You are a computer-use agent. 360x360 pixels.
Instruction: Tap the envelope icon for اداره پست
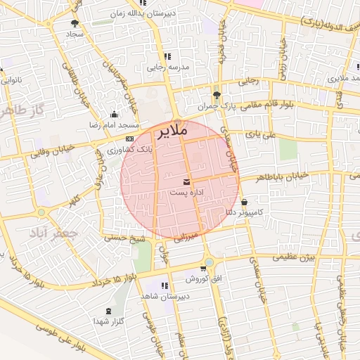pos(186,181)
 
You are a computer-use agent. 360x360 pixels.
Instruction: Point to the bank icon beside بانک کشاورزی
pos(130,139)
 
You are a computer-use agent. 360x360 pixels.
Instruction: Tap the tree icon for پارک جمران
pos(216,95)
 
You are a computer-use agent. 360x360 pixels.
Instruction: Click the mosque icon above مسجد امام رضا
pos(114,115)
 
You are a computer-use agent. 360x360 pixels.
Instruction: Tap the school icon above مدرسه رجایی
pos(167,57)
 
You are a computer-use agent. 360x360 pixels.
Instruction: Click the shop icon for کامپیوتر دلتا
pos(243,202)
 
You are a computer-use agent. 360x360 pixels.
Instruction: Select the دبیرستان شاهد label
pos(161,296)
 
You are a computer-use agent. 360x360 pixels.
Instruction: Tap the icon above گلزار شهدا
pos(108,311)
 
